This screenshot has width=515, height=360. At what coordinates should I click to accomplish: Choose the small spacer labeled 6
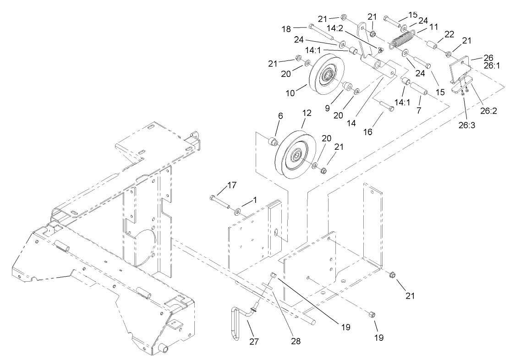point(273,141)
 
